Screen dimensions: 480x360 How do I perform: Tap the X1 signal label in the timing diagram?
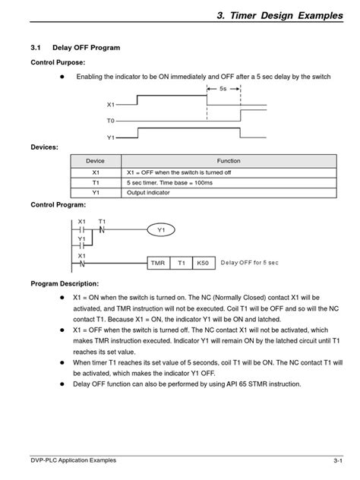pos(111,104)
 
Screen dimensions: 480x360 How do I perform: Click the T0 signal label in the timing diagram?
pos(111,121)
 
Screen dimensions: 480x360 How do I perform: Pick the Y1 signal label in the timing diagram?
pos(111,137)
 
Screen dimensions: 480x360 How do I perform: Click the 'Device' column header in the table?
pos(96,161)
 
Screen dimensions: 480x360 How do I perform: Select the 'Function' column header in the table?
pos(228,161)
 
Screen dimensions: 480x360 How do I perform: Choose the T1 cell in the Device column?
pos(96,182)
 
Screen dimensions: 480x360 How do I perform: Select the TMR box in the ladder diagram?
pos(158,262)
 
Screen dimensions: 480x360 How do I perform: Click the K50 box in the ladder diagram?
pos(202,262)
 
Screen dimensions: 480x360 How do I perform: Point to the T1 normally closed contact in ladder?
pos(101,228)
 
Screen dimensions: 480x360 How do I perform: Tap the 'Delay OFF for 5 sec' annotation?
pos(249,262)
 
